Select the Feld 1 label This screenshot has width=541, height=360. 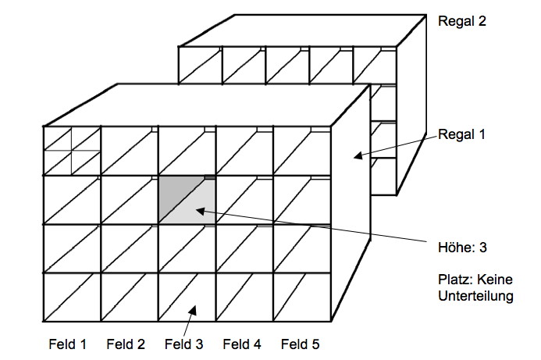pyautogui.click(x=64, y=344)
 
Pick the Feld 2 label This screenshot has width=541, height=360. pyautogui.click(x=126, y=344)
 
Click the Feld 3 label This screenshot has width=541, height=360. pyautogui.click(x=184, y=344)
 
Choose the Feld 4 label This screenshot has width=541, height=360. pyautogui.click(x=242, y=344)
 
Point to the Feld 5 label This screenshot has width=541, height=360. pyautogui.click(x=301, y=344)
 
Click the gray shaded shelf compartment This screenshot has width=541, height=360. pyautogui.click(x=187, y=201)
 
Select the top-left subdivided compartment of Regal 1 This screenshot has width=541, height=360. pyautogui.click(x=72, y=151)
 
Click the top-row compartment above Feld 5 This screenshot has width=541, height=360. pyautogui.click(x=301, y=151)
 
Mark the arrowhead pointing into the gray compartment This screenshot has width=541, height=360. pyautogui.click(x=198, y=209)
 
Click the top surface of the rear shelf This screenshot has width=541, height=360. pyautogui.click(x=297, y=31)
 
